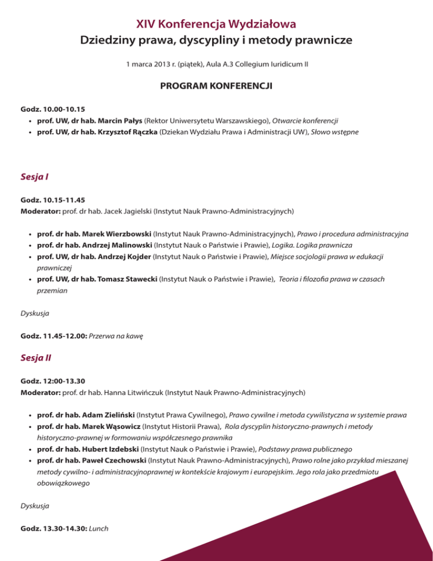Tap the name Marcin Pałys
(x=117, y=121)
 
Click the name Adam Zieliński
(x=107, y=414)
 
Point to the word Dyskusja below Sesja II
(x=34, y=506)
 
